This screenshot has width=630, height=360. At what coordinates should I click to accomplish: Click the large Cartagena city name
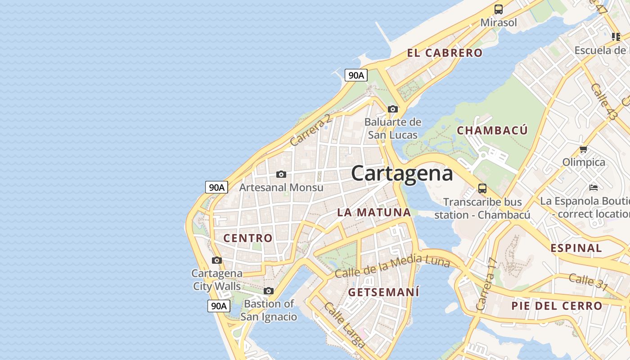pos(402,173)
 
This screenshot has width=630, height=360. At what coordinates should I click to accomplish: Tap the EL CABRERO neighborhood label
pos(445,53)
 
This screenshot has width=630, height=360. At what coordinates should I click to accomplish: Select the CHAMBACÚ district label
pos(492,130)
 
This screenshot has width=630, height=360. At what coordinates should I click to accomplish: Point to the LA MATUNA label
pos(374,212)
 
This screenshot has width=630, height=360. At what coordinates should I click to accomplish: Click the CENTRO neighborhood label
pos(248,238)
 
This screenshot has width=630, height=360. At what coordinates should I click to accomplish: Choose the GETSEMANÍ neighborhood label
pos(383,292)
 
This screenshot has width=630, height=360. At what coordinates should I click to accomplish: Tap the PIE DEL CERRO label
pos(557,306)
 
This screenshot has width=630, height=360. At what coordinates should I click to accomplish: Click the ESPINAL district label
pos(576,248)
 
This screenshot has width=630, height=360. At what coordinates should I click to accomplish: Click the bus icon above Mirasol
pos(498,9)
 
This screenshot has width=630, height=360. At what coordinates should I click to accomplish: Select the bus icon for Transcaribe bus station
pos(482,188)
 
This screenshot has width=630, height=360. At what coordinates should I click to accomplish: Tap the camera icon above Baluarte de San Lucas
pos(393,109)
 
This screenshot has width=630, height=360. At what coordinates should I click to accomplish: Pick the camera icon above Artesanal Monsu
pos(281,174)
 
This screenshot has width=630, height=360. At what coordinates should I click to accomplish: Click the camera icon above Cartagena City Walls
pos(217,260)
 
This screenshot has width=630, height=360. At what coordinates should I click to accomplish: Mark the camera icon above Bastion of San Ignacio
pos(269,291)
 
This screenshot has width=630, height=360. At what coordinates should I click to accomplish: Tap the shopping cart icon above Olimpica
pos(584,149)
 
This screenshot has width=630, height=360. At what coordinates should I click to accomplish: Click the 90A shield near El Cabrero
pos(356,75)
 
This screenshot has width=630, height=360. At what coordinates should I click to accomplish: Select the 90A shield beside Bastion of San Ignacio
pos(219,306)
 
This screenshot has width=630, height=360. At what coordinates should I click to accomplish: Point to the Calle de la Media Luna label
pos(392,266)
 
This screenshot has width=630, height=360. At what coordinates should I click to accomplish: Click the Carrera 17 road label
pos(487,284)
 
